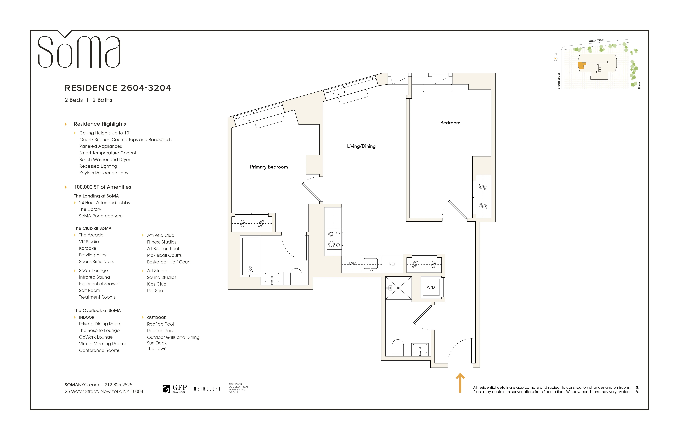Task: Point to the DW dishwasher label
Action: [352, 263]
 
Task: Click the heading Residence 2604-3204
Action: [118, 88]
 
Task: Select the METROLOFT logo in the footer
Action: [207, 389]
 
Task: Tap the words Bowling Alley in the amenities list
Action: [93, 255]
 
